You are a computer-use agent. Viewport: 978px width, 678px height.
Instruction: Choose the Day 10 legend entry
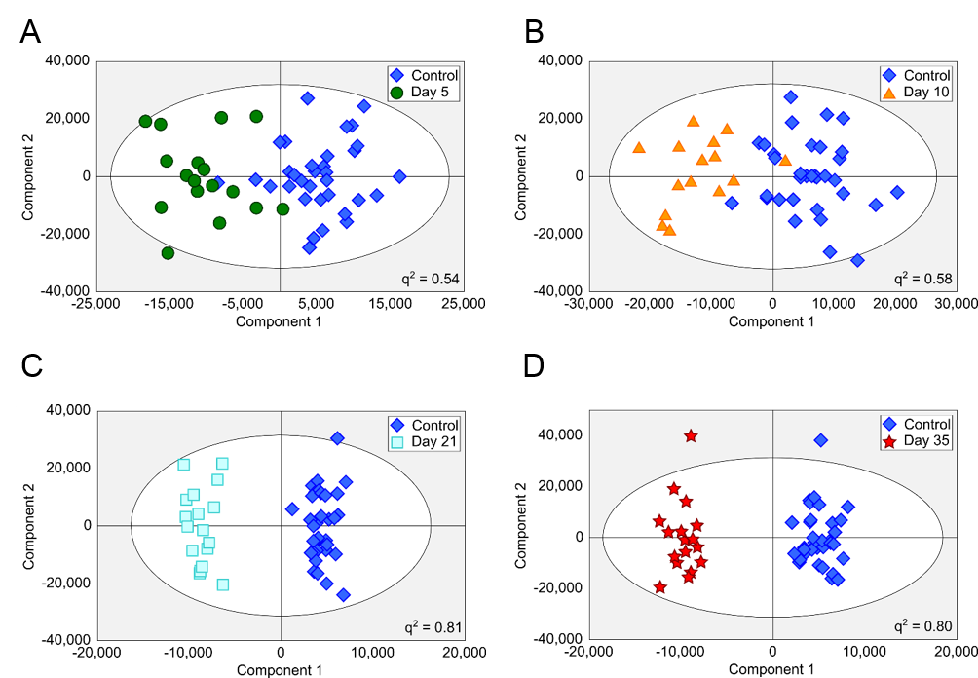tap(918, 93)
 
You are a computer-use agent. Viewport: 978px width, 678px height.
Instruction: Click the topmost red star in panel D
tap(691, 435)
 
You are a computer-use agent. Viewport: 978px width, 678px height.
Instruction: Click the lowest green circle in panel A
tap(168, 253)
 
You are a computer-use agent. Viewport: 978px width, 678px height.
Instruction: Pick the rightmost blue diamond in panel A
tap(399, 176)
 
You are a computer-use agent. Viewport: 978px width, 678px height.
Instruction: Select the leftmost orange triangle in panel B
tap(639, 148)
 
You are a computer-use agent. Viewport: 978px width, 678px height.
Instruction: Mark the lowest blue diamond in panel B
tap(857, 260)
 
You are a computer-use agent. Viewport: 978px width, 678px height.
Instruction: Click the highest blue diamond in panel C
tap(337, 438)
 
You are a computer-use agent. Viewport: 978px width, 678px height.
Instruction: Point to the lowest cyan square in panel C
tap(223, 584)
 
